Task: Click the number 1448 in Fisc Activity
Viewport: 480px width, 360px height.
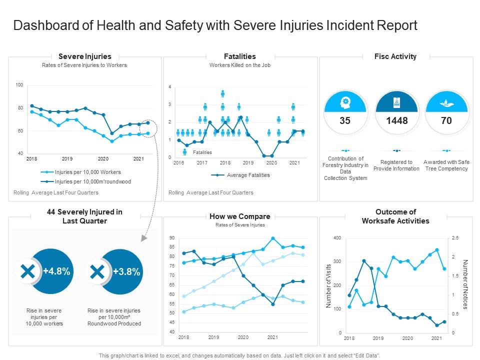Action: [396, 120]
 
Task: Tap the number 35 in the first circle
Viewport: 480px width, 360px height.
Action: [345, 120]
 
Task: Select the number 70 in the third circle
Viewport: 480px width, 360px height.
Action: [446, 120]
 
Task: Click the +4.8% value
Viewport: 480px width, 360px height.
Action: [56, 271]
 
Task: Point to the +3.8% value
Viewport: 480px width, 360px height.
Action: [126, 271]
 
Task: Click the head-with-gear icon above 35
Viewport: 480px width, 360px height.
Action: [345, 102]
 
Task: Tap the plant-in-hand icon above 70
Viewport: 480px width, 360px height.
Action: [446, 102]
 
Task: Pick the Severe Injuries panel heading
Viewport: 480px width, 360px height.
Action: [85, 56]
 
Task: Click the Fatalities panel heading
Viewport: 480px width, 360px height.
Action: [240, 56]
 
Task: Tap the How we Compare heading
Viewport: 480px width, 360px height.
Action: [240, 216]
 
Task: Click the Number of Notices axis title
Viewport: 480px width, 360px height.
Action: [465, 284]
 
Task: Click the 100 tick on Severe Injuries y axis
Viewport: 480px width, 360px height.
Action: [19, 85]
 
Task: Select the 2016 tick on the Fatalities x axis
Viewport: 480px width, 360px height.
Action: [178, 162]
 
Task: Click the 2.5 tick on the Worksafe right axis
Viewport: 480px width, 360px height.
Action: [454, 238]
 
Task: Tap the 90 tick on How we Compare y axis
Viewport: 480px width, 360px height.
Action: [171, 238]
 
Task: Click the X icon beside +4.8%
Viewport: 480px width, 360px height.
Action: [28, 271]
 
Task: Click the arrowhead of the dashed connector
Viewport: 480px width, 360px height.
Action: [144, 238]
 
